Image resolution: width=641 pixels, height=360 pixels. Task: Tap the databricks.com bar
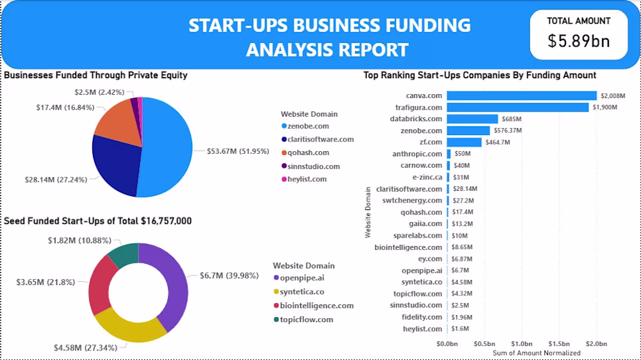(x=472, y=119)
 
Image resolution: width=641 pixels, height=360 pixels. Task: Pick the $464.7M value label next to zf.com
(x=497, y=142)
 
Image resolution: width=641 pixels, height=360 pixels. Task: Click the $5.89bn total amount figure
(x=578, y=41)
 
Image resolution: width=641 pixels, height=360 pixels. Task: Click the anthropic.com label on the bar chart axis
(x=417, y=154)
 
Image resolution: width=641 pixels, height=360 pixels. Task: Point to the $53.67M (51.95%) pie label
(x=233, y=151)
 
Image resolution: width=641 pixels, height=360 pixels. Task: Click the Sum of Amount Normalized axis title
(x=537, y=353)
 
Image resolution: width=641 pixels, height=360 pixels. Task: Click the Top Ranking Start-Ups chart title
(x=479, y=75)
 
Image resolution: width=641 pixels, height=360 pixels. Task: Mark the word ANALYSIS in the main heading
(x=285, y=49)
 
